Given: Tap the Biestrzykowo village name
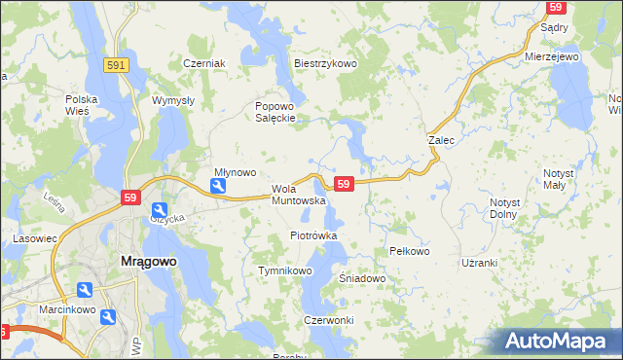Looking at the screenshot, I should point(326,63).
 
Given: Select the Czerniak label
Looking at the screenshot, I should point(204,63).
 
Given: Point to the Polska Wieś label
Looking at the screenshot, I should point(84,105).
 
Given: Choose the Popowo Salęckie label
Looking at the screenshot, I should point(275,112).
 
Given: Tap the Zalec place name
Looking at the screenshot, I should point(442,140).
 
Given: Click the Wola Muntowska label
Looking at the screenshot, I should point(298,195).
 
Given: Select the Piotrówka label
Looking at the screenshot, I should point(313,235).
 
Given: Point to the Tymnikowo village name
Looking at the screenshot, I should point(283,270).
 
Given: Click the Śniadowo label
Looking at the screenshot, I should point(363,278).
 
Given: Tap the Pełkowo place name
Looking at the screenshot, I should point(409,251).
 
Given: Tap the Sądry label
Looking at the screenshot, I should point(554,28).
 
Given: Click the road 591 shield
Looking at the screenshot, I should point(117,63).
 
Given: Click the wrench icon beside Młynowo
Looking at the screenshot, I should point(220,186).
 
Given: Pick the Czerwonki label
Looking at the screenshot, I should point(328,320).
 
